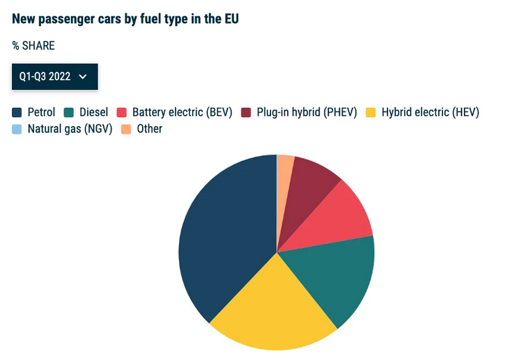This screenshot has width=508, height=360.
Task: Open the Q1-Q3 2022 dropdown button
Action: pos(55,77)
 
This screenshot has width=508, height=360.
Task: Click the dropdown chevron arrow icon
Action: pos(83,77)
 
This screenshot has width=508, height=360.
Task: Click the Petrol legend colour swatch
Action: pos(17,112)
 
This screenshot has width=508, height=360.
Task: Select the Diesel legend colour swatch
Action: pos(69,112)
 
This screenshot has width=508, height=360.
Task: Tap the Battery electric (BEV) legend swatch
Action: pos(121,112)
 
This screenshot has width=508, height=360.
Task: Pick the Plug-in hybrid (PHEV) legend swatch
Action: pos(246,112)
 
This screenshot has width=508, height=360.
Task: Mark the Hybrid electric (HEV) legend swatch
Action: pos(371,112)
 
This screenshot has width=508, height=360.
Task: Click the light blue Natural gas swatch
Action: pos(17,130)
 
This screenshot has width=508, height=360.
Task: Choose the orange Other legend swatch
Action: pos(126,130)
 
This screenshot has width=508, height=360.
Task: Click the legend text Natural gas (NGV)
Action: pos(70,129)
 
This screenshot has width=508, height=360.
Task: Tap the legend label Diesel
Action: pos(93,112)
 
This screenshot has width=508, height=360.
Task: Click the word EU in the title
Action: pos(231,19)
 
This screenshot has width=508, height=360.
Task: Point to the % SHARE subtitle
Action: pos(33,46)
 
